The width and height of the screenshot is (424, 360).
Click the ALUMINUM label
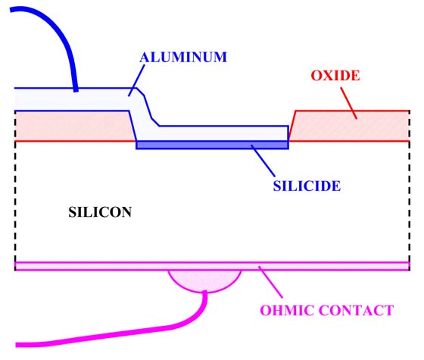click(x=183, y=57)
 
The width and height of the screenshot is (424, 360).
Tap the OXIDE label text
click(x=335, y=76)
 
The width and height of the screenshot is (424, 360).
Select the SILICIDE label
click(x=307, y=186)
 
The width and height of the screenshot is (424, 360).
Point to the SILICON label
click(x=100, y=212)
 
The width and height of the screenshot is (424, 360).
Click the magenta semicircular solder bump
click(x=204, y=280)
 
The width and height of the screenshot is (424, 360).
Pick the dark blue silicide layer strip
click(x=212, y=145)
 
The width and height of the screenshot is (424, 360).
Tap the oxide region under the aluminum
click(x=73, y=126)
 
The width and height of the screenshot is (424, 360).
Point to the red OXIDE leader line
click(x=348, y=103)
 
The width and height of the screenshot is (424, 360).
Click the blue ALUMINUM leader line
click(x=136, y=80)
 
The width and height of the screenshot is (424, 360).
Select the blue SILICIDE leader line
click(x=263, y=161)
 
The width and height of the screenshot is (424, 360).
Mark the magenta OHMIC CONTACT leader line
click(x=270, y=282)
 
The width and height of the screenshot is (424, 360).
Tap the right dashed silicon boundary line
click(x=410, y=190)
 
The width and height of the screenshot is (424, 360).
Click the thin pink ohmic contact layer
click(x=212, y=266)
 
